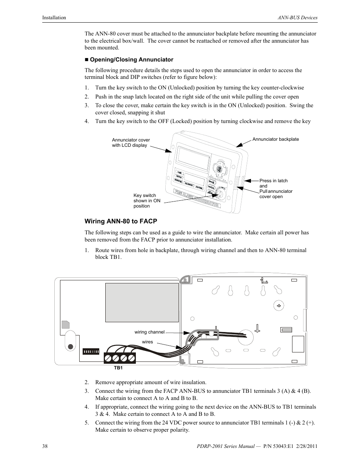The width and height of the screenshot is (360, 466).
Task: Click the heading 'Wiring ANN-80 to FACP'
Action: (x=121, y=221)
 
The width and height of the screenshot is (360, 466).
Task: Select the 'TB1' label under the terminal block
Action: (x=118, y=368)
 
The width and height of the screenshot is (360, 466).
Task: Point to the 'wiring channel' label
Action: (x=149, y=332)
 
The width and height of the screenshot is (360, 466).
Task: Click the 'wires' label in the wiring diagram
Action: (x=148, y=342)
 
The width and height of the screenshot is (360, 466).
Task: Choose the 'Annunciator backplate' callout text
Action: (x=275, y=139)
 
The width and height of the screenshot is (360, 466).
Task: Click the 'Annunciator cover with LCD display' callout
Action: (x=131, y=143)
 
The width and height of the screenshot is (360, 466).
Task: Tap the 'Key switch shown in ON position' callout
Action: (x=147, y=201)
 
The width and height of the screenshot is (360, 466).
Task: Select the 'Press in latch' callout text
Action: (x=274, y=181)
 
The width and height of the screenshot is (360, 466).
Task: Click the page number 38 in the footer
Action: (x=45, y=446)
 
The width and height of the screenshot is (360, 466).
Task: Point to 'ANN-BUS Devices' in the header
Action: (x=297, y=18)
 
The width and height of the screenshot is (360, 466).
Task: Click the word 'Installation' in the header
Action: (x=54, y=18)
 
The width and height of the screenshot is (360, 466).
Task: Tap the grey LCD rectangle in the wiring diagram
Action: (x=142, y=302)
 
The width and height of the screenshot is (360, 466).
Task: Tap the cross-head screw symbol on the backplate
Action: (x=279, y=306)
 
